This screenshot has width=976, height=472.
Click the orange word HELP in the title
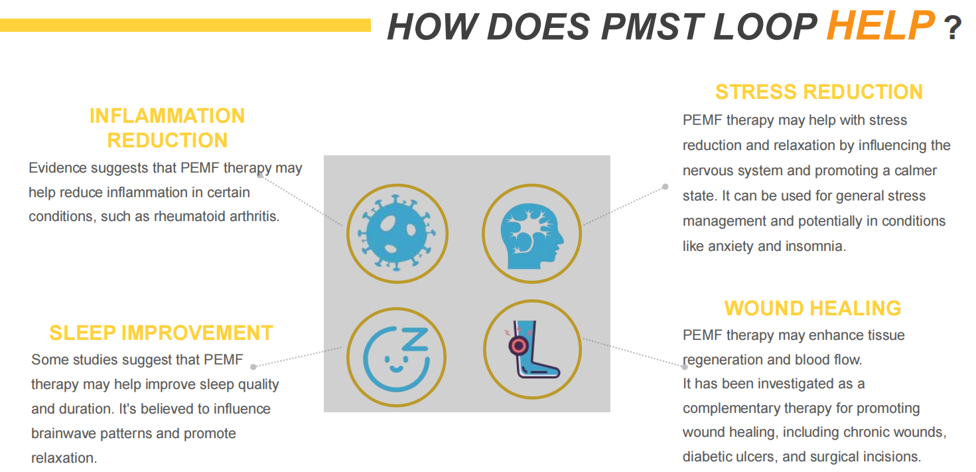(x=880, y=25)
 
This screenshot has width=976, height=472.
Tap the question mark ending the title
(x=953, y=28)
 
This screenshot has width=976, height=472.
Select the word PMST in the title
(x=653, y=27)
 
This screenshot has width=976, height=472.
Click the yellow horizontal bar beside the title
(x=185, y=25)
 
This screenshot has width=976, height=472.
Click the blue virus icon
(x=397, y=234)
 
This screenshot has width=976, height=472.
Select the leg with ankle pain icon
(x=532, y=349)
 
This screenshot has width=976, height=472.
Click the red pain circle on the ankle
(x=518, y=346)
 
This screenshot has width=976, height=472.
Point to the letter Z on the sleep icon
(x=415, y=340)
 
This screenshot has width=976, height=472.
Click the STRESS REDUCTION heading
(x=819, y=92)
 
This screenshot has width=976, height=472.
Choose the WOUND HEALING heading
(x=813, y=308)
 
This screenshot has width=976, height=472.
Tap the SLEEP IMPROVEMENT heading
(x=161, y=333)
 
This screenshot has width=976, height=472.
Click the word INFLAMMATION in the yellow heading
(x=167, y=116)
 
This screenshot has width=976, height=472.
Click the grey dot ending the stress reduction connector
(x=665, y=187)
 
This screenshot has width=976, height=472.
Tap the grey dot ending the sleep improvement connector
(x=253, y=367)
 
